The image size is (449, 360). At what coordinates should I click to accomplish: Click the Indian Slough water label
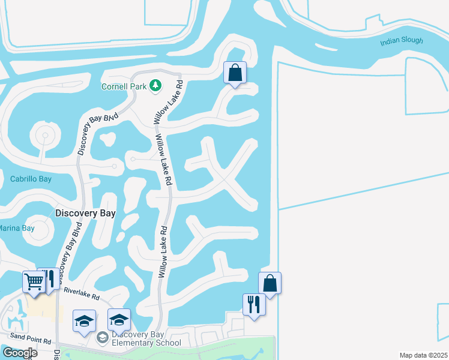402,41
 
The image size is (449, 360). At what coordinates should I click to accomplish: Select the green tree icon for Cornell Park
155,86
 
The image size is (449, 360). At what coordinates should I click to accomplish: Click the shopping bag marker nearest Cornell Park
235,73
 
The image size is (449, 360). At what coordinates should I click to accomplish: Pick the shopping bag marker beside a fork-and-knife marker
270,283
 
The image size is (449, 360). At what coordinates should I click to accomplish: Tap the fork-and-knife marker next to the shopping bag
254,304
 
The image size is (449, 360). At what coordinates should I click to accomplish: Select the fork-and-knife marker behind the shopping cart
50,278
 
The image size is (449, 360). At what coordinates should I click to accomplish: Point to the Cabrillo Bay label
31,179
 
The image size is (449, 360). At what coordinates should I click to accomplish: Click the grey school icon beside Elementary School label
102,338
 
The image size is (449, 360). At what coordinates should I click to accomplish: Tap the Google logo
20,352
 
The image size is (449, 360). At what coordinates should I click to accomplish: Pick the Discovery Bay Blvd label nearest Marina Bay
70,246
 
